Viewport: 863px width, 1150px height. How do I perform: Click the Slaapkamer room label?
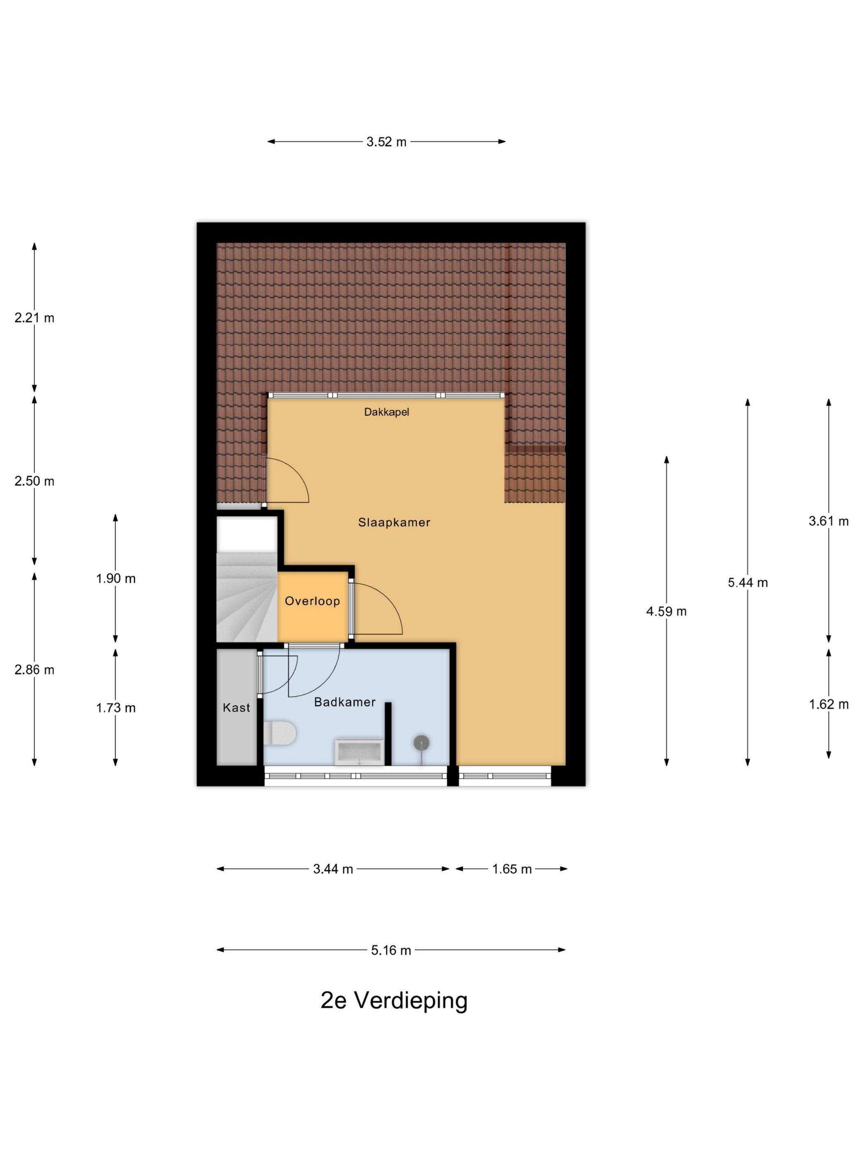coord(394,522)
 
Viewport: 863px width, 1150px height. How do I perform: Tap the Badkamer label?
coord(344,702)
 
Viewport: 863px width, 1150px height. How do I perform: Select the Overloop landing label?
coord(312,600)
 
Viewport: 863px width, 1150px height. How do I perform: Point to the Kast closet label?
coord(236,707)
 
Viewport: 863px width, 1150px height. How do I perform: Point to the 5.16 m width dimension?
coord(391,950)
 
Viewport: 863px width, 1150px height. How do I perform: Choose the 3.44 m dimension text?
coord(333,869)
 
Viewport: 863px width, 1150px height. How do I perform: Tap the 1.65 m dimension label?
coord(512,869)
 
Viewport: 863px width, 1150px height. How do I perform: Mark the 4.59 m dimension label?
coord(667,612)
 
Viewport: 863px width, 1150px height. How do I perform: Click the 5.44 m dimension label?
coord(748,582)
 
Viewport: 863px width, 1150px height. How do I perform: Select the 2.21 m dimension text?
coord(35,317)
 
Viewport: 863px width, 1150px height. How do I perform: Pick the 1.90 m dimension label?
coord(115,578)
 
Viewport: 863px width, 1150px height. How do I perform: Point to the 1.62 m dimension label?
coord(828,704)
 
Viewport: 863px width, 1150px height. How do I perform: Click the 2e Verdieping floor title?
coord(394,1000)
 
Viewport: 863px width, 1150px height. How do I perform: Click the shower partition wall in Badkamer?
coord(388,734)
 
